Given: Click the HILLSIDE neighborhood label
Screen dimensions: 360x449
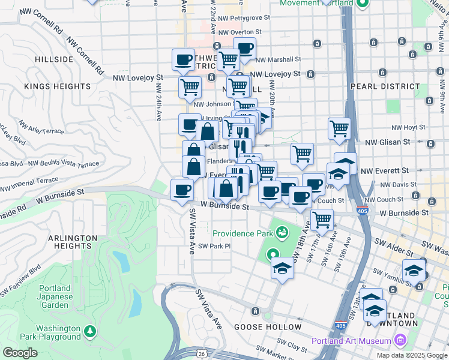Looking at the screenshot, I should point(54,60).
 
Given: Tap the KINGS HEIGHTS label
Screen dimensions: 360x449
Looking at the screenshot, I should point(58,86).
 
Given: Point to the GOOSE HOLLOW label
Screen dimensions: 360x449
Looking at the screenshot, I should point(268,327).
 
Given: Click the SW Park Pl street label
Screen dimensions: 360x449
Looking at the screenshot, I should point(214,246).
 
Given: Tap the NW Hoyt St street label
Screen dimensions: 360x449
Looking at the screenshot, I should point(408,127).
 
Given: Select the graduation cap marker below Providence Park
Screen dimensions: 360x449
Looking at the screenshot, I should point(282,269).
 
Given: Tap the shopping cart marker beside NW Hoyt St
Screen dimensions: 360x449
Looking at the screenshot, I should point(340,129).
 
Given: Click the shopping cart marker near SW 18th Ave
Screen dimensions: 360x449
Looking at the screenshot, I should point(322,220).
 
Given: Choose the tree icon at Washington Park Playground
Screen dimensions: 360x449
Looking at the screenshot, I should point(89,331).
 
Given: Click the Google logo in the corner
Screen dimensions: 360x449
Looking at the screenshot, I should point(20,353).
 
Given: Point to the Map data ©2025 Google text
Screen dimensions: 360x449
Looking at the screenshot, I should point(411,355).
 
